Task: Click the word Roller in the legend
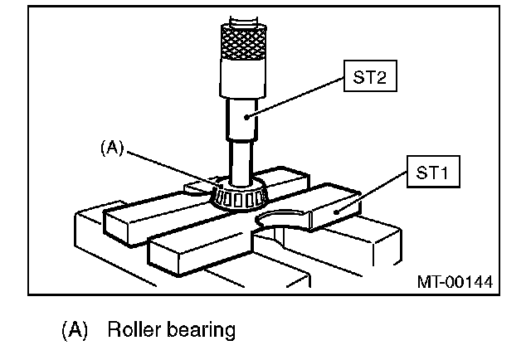tap(131, 330)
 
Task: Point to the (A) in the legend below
tap(74, 330)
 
